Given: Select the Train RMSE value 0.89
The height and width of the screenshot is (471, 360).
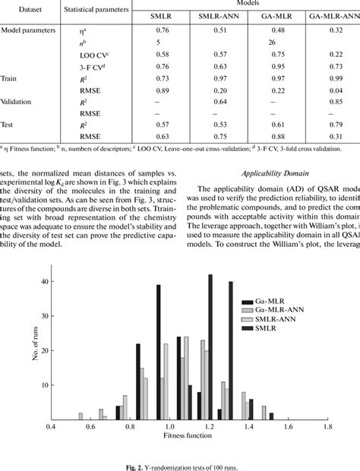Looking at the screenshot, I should [x=162, y=89].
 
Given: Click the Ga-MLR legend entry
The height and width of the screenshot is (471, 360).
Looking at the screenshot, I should [x=264, y=301].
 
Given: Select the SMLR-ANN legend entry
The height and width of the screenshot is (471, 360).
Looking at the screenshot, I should [x=267, y=320].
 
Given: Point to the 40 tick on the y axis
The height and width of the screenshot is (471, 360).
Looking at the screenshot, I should [x=45, y=281].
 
